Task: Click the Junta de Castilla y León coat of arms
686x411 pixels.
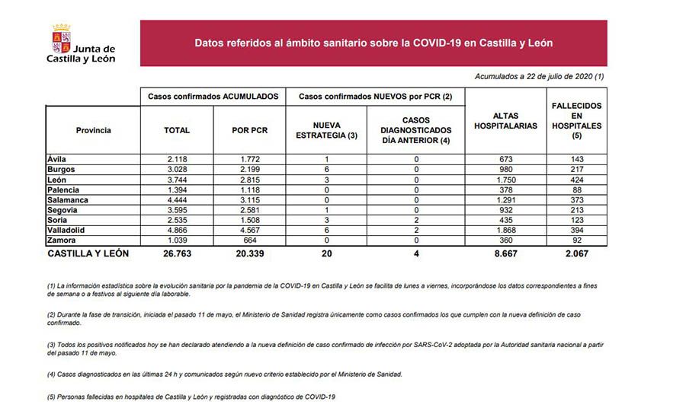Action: click(x=61, y=38)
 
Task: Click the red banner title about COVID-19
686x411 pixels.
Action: click(x=373, y=43)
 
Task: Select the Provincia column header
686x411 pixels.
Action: click(x=93, y=130)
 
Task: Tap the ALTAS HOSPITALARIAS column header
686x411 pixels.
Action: click(x=505, y=121)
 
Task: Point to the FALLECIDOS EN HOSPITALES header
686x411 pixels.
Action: click(x=576, y=121)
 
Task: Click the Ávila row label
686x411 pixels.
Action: click(x=57, y=158)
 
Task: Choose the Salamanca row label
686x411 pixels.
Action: click(x=67, y=199)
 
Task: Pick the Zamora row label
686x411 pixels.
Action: click(x=62, y=241)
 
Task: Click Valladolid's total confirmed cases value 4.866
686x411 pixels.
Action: click(x=177, y=230)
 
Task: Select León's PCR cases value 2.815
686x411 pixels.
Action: click(x=248, y=179)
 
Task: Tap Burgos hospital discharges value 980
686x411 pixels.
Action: click(x=505, y=168)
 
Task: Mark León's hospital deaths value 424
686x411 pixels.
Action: click(x=576, y=179)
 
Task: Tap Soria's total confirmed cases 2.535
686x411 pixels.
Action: click(x=177, y=220)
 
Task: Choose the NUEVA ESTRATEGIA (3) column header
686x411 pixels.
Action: click(x=325, y=130)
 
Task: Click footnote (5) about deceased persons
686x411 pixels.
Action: click(x=191, y=397)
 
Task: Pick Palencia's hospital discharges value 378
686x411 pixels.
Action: click(x=505, y=189)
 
